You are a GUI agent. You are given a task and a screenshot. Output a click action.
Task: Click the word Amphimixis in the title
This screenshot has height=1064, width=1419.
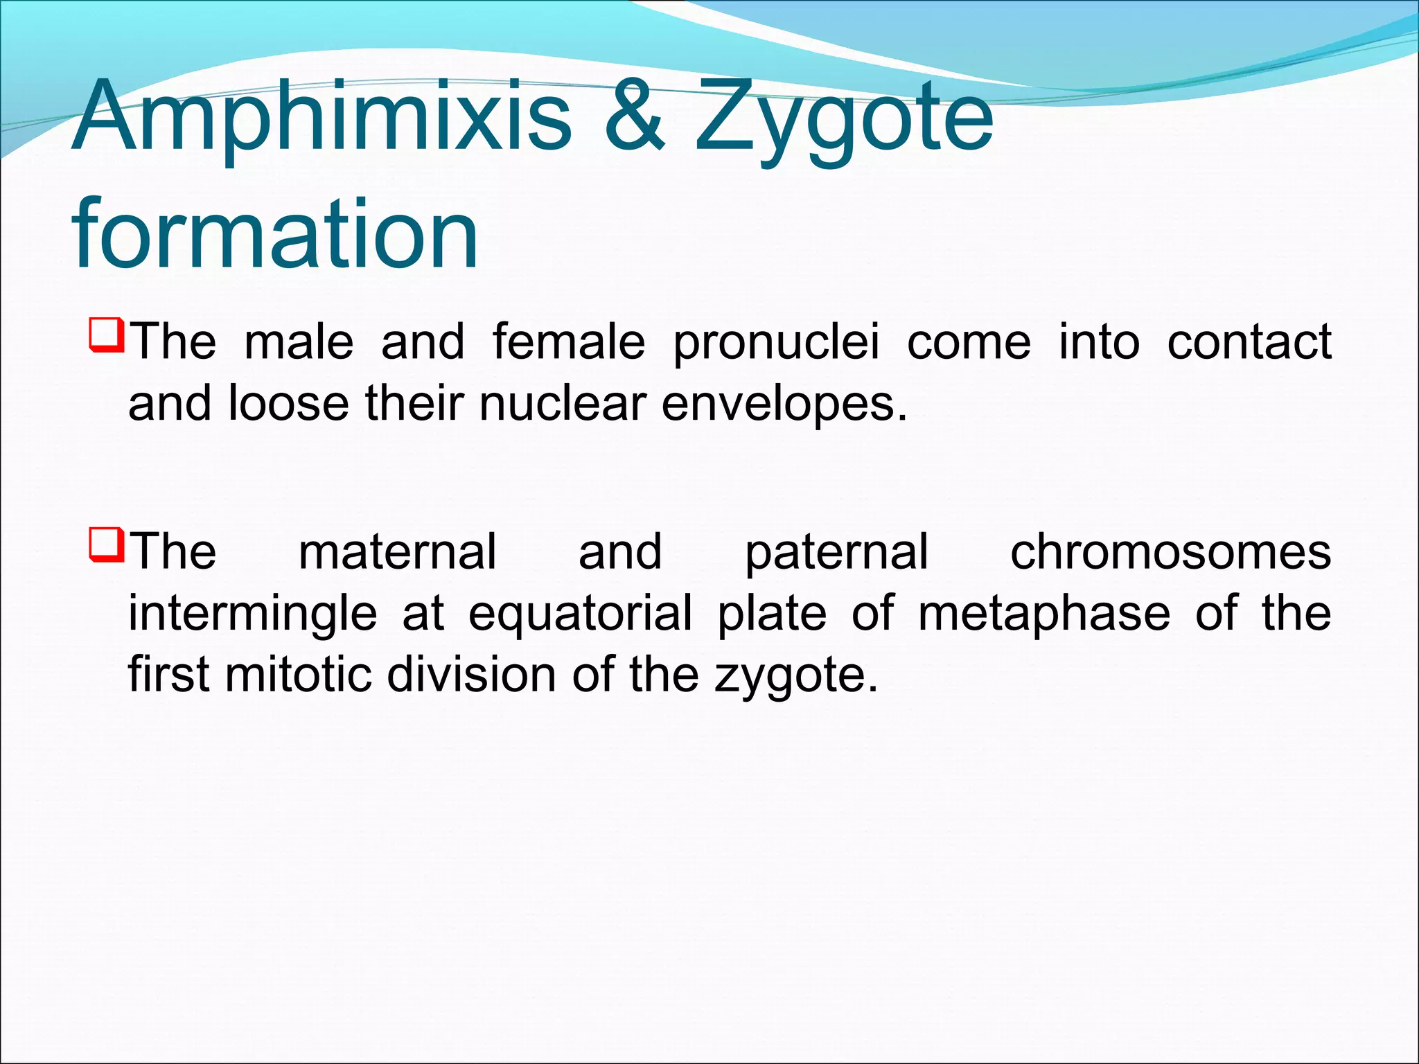[x=322, y=116]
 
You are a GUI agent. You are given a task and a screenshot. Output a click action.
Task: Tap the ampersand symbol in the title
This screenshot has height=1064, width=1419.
[x=634, y=116]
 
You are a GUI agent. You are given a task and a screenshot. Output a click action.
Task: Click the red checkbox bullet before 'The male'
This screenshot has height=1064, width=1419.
[x=106, y=335]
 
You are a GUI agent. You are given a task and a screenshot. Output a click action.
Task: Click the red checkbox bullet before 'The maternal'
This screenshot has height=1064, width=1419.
[x=106, y=545]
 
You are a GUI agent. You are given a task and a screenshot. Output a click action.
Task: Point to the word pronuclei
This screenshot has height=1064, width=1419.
[x=776, y=344]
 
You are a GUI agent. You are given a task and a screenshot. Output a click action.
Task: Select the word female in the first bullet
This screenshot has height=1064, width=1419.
[x=569, y=342]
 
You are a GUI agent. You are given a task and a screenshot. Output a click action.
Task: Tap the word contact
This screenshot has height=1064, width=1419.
[x=1249, y=342]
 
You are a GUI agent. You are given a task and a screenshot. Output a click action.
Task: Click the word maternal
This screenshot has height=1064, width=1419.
[x=397, y=552]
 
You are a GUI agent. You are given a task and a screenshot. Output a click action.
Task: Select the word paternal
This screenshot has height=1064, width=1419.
[x=836, y=553]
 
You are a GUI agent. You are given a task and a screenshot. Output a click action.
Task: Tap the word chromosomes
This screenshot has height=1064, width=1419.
[x=1170, y=552]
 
